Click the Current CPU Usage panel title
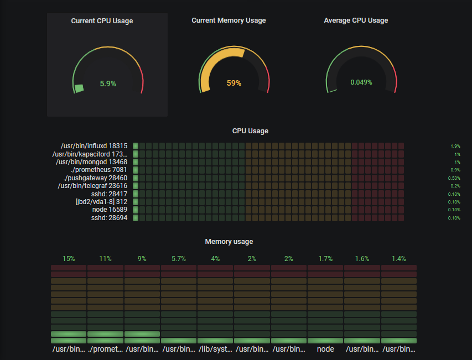tap(102, 21)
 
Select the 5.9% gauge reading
tap(108, 84)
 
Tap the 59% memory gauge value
tap(234, 84)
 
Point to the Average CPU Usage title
tap(356, 20)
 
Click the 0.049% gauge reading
tap(361, 82)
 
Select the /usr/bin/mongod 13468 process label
tap(91, 162)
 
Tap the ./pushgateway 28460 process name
tap(95, 178)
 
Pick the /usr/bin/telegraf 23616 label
tap(92, 186)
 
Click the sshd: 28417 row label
tap(110, 194)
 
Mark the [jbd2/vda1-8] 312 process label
tap(101, 202)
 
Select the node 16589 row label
tap(110, 210)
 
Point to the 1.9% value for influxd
tap(455, 146)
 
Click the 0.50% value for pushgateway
tap(454, 178)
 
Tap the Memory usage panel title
tap(229, 242)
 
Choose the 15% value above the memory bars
tap(69, 258)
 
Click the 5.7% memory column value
tap(179, 258)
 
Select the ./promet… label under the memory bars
tap(105, 349)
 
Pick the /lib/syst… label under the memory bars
tap(215, 349)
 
